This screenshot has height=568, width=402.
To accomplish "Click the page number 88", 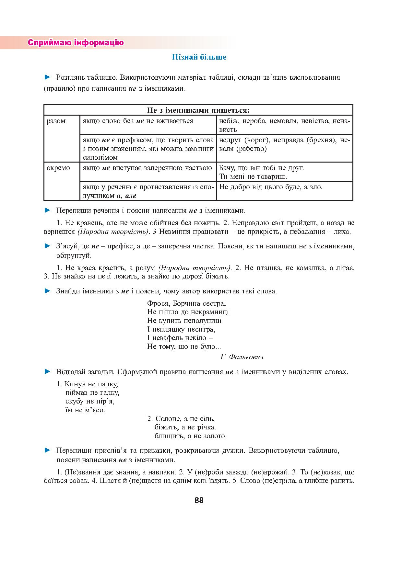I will point(199,500).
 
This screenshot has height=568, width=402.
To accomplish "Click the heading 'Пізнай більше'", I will point(199,57).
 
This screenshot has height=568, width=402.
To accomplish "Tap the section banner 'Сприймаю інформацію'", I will point(76,43).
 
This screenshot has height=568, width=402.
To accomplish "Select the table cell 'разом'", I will point(56,121).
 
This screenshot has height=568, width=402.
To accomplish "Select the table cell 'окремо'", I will point(58,168).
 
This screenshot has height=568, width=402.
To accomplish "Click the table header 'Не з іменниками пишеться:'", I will point(198,110).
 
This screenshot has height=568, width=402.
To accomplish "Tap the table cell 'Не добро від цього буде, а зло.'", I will point(271,187).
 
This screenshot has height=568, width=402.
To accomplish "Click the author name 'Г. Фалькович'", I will point(242,357).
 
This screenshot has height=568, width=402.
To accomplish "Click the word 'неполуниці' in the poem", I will point(202,321).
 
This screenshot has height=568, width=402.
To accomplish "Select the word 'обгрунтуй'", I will point(74,256).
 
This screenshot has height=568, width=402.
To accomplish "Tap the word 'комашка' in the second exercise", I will point(315,268).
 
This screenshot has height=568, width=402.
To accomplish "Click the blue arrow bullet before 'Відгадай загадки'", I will point(48,371).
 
